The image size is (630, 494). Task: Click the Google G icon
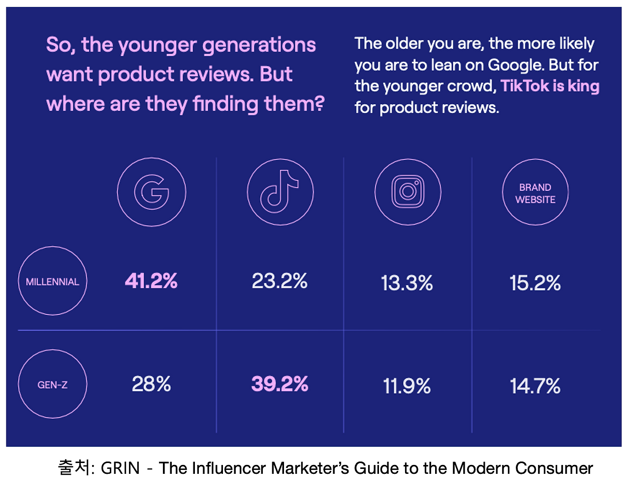(x=152, y=192)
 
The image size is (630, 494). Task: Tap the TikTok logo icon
(x=280, y=192)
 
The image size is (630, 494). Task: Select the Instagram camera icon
(x=408, y=192)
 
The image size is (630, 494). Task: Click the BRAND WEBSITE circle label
(x=535, y=193)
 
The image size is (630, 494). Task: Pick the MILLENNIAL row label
(x=52, y=281)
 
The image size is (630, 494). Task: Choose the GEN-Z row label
(x=52, y=384)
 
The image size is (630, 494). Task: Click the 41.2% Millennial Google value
(x=151, y=281)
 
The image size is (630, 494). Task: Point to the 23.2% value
(x=280, y=281)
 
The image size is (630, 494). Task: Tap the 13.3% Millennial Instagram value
(x=407, y=283)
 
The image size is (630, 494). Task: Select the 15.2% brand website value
(x=535, y=283)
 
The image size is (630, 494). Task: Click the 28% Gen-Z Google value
(x=151, y=384)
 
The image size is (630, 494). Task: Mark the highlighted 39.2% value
(x=280, y=384)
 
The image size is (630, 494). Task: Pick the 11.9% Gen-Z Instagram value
(x=407, y=386)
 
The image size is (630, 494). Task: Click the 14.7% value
(x=535, y=386)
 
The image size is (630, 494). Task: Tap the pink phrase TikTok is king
(x=550, y=86)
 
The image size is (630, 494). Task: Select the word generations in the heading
(x=259, y=45)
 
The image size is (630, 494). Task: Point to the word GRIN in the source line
(x=120, y=468)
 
